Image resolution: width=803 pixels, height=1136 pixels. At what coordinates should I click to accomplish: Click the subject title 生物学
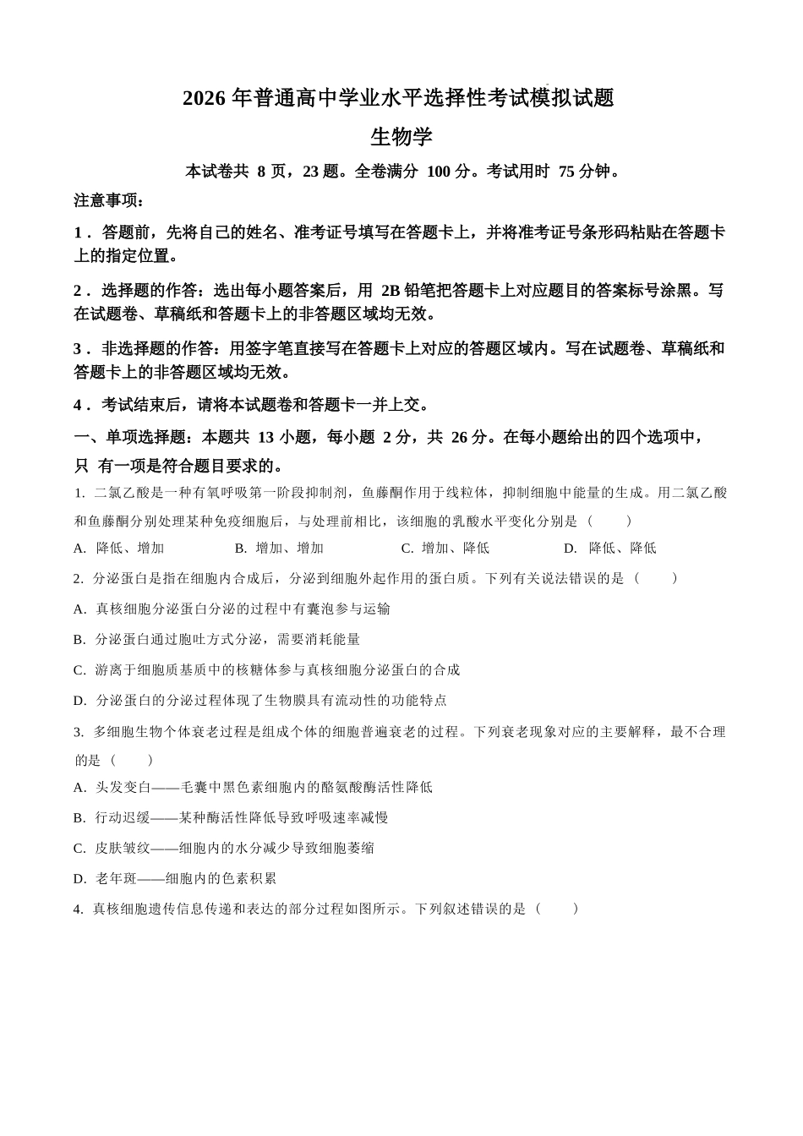401,136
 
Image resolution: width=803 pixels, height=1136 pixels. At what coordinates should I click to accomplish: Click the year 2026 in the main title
204,99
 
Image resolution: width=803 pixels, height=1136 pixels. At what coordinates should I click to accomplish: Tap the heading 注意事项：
109,200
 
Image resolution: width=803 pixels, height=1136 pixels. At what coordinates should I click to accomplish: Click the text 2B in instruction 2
392,290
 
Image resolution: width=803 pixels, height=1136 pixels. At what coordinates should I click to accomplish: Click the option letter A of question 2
79,609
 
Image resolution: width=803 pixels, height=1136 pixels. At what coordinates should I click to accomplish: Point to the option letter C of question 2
79,669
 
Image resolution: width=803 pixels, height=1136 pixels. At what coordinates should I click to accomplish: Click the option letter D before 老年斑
79,878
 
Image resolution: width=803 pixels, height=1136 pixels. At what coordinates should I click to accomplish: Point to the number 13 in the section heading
265,437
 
